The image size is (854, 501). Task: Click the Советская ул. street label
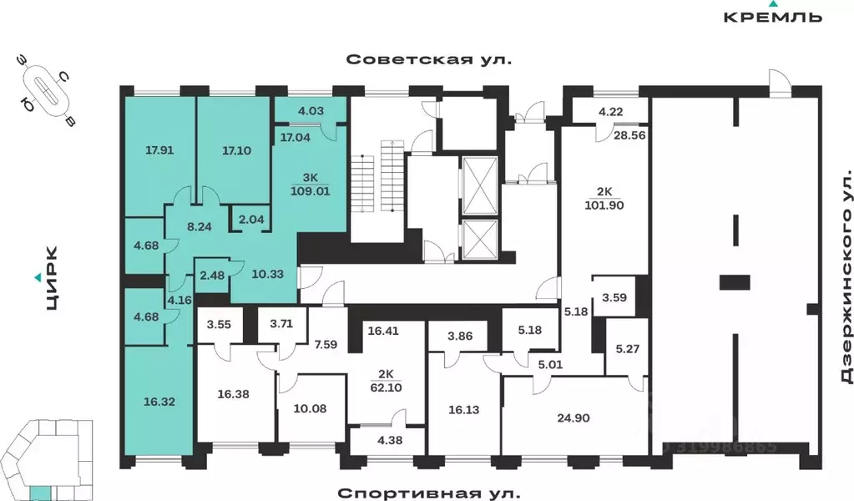pyautogui.click(x=427, y=59)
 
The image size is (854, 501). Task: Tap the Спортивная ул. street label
pyautogui.click(x=427, y=492)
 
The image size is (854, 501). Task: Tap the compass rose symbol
pyautogui.click(x=47, y=90)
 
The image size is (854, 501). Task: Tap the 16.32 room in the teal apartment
pyautogui.click(x=159, y=400)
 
